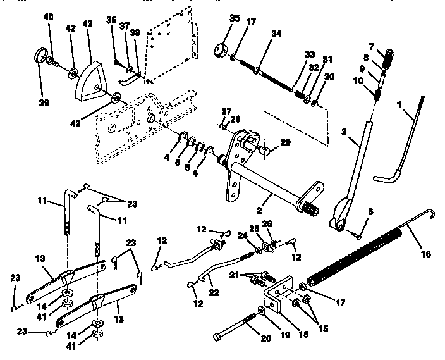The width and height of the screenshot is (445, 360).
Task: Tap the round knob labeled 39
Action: (42, 63)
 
